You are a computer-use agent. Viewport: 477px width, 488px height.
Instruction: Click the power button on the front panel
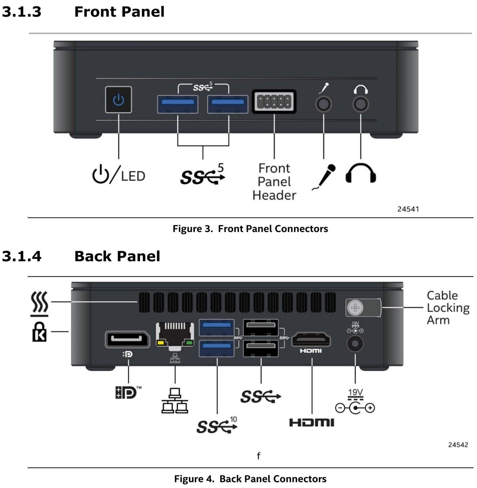point(118,100)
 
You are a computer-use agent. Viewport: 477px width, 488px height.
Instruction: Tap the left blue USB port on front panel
point(178,104)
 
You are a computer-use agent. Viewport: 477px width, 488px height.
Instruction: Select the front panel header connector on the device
point(274,102)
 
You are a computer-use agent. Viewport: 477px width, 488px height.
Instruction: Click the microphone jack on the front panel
point(323,104)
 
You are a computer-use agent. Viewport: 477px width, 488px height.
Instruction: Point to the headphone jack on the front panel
point(361,104)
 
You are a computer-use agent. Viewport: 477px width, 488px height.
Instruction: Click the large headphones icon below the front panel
point(361,173)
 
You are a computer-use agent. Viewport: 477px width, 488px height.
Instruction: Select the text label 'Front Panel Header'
point(274,182)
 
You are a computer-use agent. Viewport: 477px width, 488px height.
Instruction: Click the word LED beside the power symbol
point(133,176)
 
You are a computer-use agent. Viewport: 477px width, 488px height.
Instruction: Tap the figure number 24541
point(408,209)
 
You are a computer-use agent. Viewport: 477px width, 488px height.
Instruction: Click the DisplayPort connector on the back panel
point(127,340)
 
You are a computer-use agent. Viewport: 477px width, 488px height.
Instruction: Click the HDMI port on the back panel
point(311,340)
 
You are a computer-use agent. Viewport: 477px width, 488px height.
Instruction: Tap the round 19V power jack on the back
point(355,344)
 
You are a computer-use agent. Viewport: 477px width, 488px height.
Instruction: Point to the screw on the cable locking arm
point(355,307)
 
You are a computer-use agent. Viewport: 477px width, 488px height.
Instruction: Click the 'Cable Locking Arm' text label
point(448,308)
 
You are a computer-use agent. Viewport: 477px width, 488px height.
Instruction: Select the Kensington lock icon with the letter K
point(39,332)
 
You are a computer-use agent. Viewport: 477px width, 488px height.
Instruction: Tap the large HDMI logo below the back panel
point(312,423)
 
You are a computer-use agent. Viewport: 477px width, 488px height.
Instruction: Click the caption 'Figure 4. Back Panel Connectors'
point(250,479)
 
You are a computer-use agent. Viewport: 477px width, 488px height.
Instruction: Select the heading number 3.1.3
point(22,12)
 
